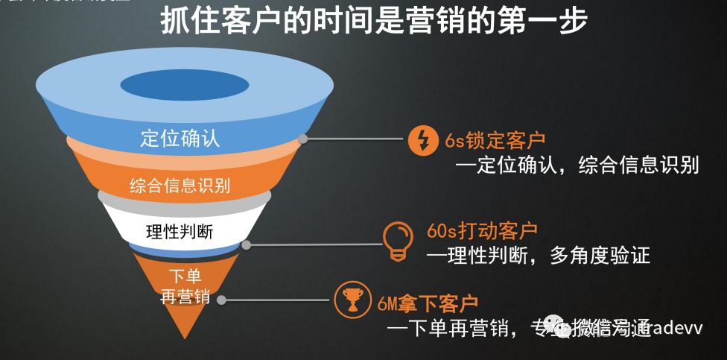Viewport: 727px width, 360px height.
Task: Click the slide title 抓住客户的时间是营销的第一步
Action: pos(374,21)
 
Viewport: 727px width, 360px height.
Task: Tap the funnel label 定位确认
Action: pos(180,139)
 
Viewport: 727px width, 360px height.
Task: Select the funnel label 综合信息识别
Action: pos(180,185)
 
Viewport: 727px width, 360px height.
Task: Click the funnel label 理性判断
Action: pos(180,231)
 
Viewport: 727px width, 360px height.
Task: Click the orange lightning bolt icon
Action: pos(422,140)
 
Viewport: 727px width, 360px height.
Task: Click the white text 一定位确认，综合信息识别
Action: pos(577,164)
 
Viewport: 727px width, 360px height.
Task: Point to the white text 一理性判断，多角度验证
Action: pos(538,256)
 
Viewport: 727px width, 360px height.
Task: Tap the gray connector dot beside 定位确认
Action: pos(303,139)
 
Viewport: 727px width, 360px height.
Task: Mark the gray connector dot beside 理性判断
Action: pos(247,244)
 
